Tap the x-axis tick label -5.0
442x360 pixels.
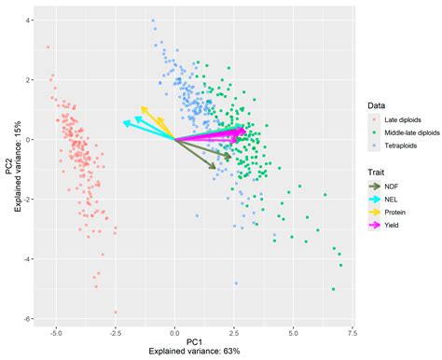click(56, 331)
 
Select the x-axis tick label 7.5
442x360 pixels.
click(352, 331)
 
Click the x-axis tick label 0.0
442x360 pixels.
click(174, 331)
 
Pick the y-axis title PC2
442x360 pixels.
click(8, 169)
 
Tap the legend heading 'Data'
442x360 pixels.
click(376, 108)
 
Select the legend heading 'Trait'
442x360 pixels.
click(377, 171)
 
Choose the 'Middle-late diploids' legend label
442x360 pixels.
click(417, 134)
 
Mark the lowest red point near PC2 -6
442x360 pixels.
click(116, 312)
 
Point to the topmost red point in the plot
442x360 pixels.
click(48, 47)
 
